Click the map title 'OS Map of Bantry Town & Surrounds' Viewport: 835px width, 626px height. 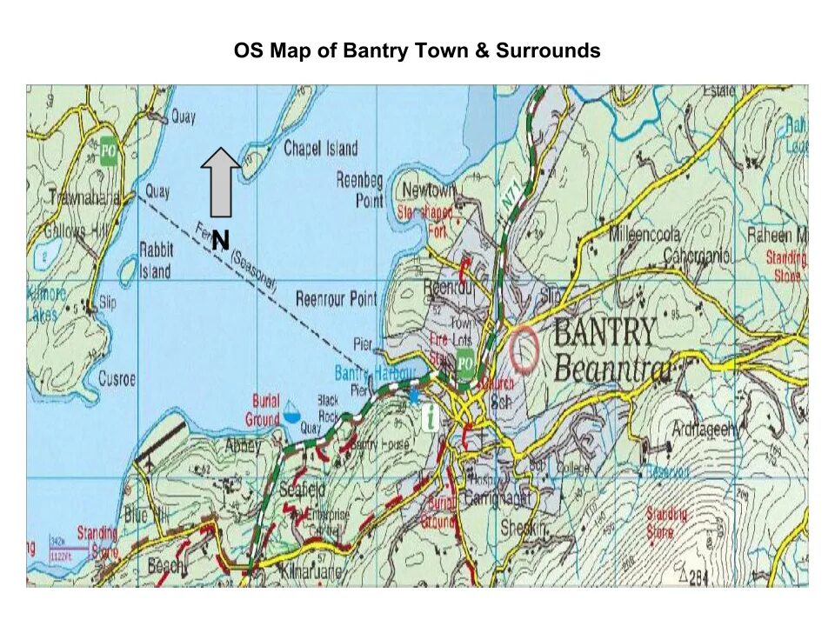tap(417, 50)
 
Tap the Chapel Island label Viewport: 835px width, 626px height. tap(320, 149)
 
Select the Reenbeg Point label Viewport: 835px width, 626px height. tap(360, 190)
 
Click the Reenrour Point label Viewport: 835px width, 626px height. tap(337, 299)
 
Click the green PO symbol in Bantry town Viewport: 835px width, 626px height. tap(465, 363)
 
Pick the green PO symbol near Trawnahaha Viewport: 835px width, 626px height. tap(108, 150)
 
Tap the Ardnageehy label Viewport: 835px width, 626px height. tap(705, 429)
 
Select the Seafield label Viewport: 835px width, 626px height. tap(302, 489)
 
